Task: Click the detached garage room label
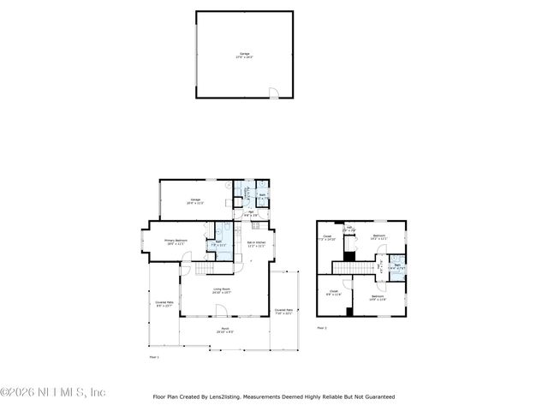coord(245,56)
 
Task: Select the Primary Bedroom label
coord(175,242)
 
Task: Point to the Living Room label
coord(221,290)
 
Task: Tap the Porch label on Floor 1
coord(223,330)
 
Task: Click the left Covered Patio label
coord(164,304)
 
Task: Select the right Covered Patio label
coord(283,312)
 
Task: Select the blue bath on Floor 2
coord(396,266)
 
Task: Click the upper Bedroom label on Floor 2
coord(379,237)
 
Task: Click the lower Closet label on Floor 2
coord(335,293)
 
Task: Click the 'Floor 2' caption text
coord(322,327)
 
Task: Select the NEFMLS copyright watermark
coord(52,392)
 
